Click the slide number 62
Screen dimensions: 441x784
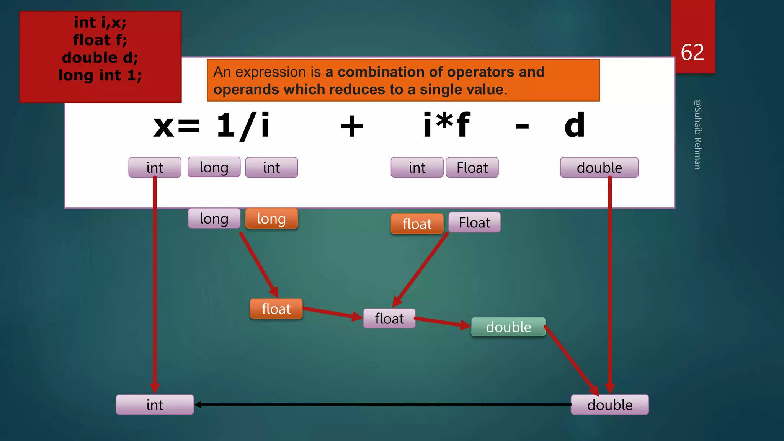(692, 52)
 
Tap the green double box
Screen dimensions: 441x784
(508, 327)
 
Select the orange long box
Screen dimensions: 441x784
(271, 219)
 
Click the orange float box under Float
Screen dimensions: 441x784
(417, 224)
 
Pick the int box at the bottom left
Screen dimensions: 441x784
(155, 405)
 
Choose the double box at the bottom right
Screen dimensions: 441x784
(610, 405)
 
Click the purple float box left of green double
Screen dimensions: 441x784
(389, 318)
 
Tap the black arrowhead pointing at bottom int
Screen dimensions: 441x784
(198, 405)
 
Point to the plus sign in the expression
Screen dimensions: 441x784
(352, 126)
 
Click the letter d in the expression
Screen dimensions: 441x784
(575, 126)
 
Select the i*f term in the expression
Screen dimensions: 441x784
(446, 125)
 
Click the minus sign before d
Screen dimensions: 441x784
(522, 126)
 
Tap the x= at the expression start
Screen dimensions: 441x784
(176, 126)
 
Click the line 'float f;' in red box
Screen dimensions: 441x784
(100, 40)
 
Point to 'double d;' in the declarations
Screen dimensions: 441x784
(100, 57)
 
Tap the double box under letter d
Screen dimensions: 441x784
(599, 168)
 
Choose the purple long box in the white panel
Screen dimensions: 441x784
(214, 167)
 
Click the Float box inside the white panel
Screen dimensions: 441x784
(472, 168)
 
